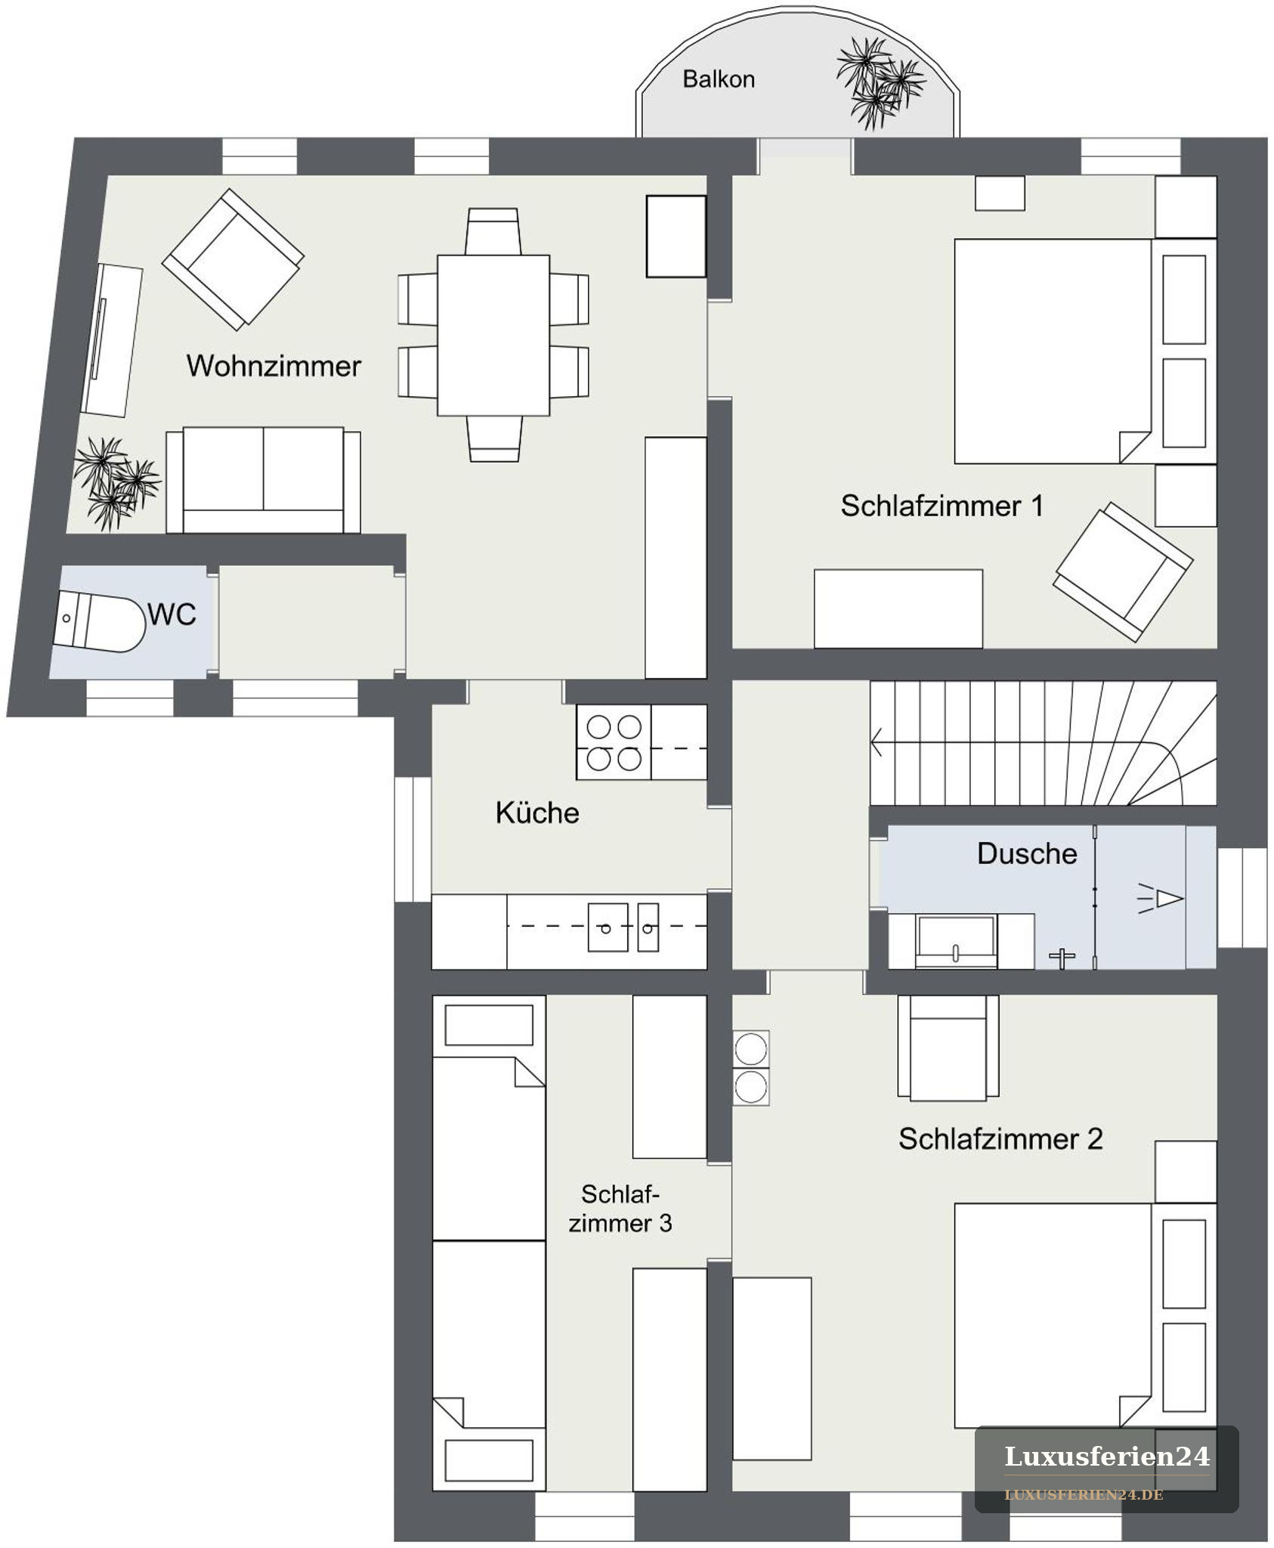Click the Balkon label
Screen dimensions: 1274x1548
pyautogui.click(x=719, y=79)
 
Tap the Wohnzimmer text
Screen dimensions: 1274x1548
pyautogui.click(x=274, y=366)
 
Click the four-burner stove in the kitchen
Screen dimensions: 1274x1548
pyautogui.click(x=614, y=742)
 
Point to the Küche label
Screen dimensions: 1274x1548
pyautogui.click(x=537, y=813)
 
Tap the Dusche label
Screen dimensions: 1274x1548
pyautogui.click(x=1027, y=853)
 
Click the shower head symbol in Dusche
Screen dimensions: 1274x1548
pyautogui.click(x=1161, y=898)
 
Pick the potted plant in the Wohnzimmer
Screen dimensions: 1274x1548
pyautogui.click(x=116, y=481)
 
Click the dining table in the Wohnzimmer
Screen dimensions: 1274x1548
pyautogui.click(x=493, y=335)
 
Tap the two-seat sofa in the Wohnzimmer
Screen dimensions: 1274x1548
pyautogui.click(x=263, y=481)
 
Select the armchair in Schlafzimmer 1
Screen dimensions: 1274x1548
pyautogui.click(x=1123, y=571)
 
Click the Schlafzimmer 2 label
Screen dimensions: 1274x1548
pyautogui.click(x=1000, y=1139)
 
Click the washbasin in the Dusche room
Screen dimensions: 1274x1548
pyautogui.click(x=956, y=941)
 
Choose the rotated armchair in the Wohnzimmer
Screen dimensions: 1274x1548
pyautogui.click(x=233, y=259)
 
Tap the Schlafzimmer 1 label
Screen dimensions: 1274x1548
pyautogui.click(x=942, y=506)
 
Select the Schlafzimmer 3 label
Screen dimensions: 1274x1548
pyautogui.click(x=620, y=1209)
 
